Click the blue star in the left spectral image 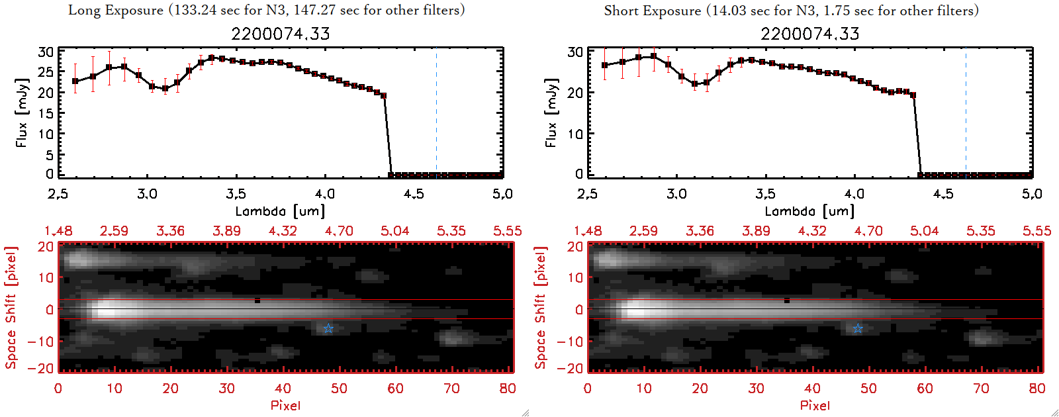pyautogui.click(x=328, y=328)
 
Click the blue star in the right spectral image pyautogui.click(x=858, y=328)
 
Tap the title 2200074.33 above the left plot pyautogui.click(x=281, y=34)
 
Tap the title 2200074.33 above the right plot pyautogui.click(x=810, y=34)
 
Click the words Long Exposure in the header pyautogui.click(x=116, y=10)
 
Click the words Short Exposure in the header pyautogui.click(x=652, y=11)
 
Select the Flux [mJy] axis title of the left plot pyautogui.click(x=22, y=113)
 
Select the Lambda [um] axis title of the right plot pyautogui.click(x=809, y=211)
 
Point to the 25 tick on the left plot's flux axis pyautogui.click(x=46, y=72)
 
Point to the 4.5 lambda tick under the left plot pyautogui.click(x=414, y=194)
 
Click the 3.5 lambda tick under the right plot pyautogui.click(x=765, y=194)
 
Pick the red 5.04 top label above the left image pyautogui.click(x=395, y=231)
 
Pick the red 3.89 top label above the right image pyautogui.click(x=756, y=231)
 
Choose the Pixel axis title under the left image pyautogui.click(x=285, y=405)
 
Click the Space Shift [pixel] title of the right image pyautogui.click(x=541, y=308)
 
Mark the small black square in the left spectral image pyautogui.click(x=257, y=301)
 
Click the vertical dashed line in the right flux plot pyautogui.click(x=966, y=113)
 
